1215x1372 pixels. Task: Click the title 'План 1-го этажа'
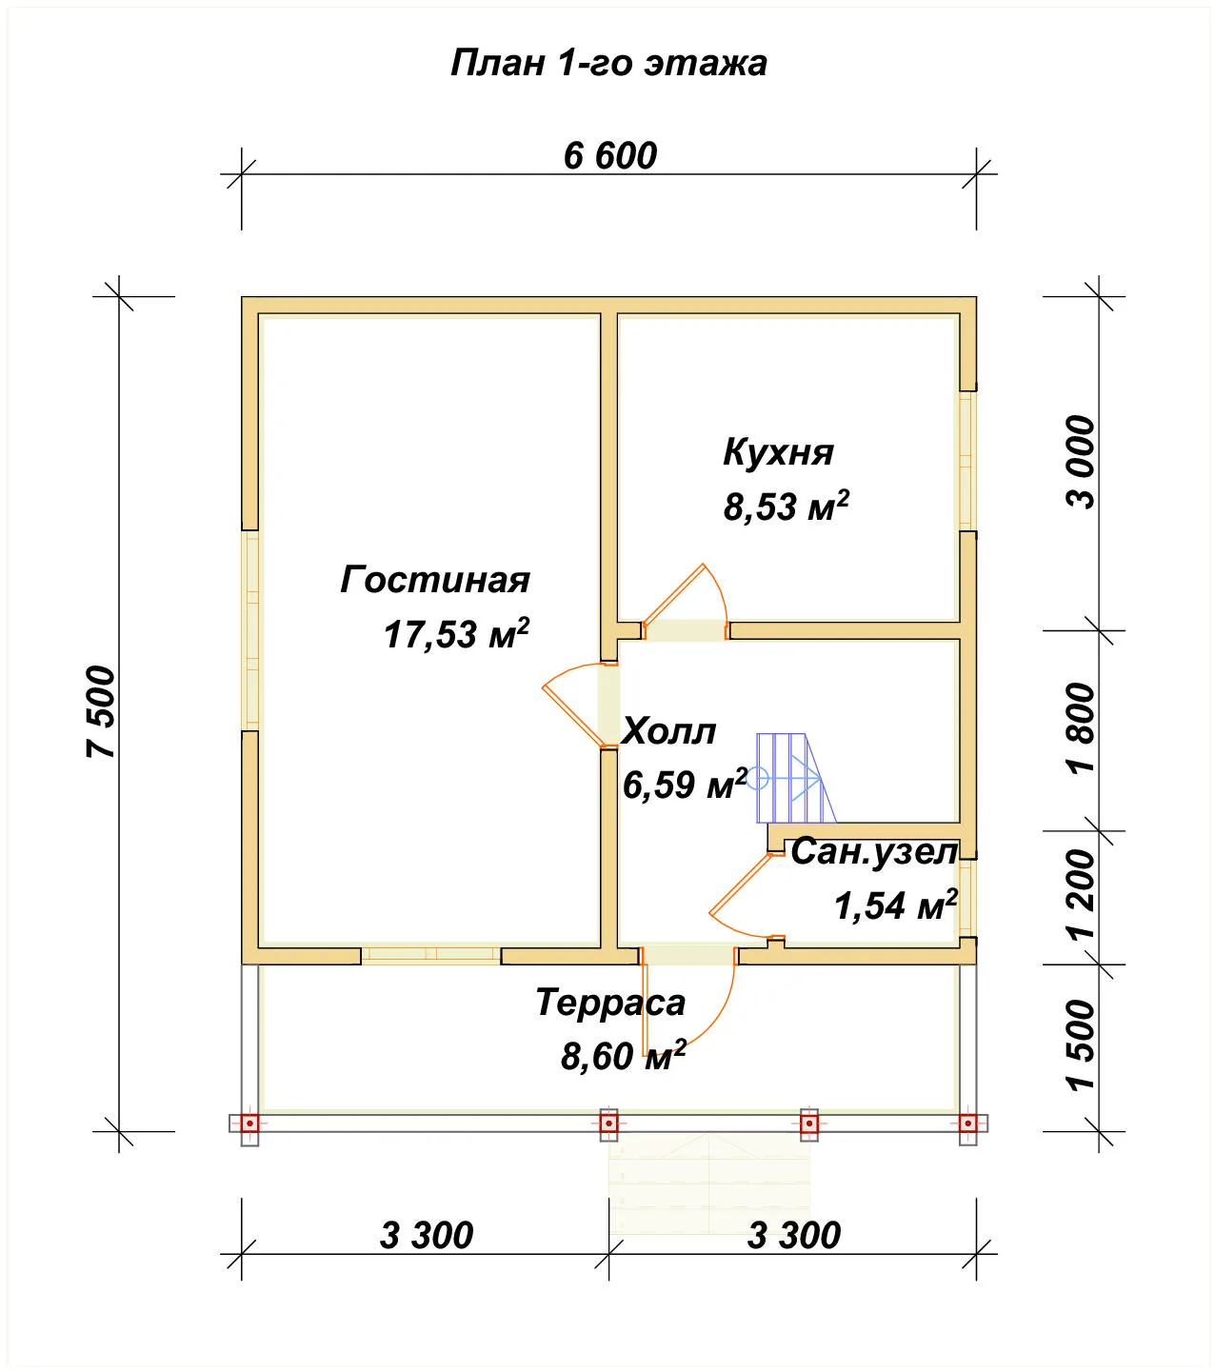tap(608, 64)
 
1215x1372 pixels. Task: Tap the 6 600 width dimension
tap(610, 156)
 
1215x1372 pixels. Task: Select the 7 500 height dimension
tap(102, 711)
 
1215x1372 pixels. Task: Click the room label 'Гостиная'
tap(435, 580)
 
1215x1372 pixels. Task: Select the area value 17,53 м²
tap(456, 634)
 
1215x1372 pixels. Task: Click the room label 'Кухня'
tap(778, 451)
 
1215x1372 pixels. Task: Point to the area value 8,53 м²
tap(786, 506)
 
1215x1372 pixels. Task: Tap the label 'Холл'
tap(669, 731)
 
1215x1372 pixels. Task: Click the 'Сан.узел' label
tap(874, 852)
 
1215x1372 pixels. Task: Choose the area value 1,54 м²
tap(895, 905)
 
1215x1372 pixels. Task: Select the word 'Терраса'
tap(610, 1003)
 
